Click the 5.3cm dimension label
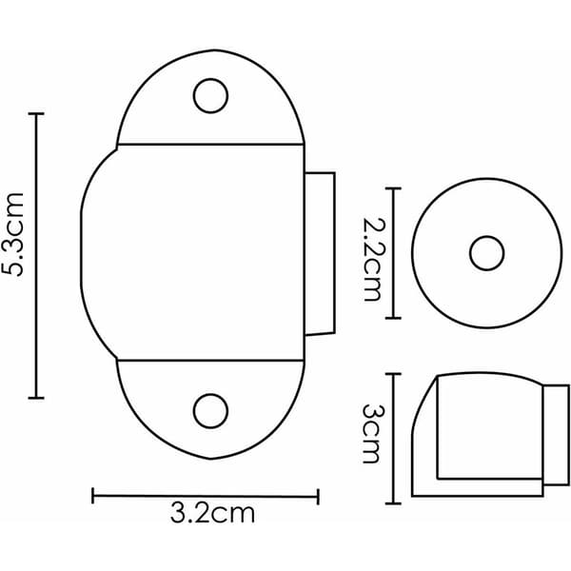(13, 234)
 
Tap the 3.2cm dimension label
(212, 514)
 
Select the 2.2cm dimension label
(372, 260)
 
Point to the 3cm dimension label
(372, 433)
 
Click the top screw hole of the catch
(210, 96)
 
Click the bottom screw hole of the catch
(210, 411)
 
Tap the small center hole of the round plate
(486, 253)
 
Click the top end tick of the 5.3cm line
(36, 114)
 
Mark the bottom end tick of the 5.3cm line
(36, 398)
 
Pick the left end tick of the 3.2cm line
(93, 496)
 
